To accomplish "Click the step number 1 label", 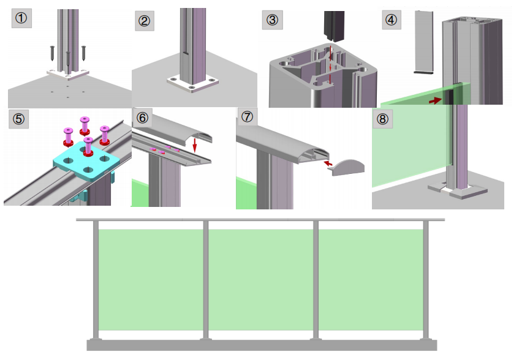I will [x=21, y=18].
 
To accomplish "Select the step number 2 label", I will [x=145, y=22].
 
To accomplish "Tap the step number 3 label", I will [x=272, y=20].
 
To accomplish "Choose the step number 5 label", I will [x=18, y=118].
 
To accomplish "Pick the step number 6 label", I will [x=143, y=118].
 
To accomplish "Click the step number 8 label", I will [x=383, y=119].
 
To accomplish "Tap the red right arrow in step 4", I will [x=436, y=100].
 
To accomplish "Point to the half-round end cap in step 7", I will [x=348, y=166].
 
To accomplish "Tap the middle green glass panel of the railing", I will [x=260, y=279].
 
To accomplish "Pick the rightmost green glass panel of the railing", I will [x=371, y=279].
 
